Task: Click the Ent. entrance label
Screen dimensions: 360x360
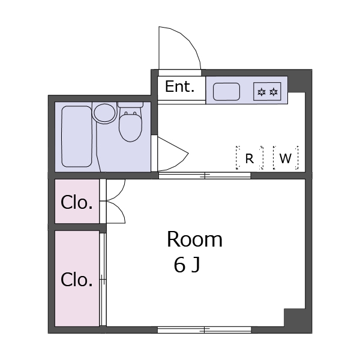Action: click(180, 87)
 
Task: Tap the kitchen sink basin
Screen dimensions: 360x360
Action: click(227, 92)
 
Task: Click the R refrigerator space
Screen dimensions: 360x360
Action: click(249, 158)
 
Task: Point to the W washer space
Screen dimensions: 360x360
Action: click(286, 158)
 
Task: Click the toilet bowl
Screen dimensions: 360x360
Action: click(130, 127)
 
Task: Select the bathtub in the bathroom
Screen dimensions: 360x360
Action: click(77, 137)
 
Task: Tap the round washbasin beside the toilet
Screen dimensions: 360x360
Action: click(104, 113)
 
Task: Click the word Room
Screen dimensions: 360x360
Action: click(194, 240)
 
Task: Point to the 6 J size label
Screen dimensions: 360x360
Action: click(187, 265)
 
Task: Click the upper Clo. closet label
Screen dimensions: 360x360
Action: click(77, 203)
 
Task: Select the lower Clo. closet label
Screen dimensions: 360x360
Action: click(77, 280)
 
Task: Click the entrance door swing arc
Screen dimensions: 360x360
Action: click(180, 48)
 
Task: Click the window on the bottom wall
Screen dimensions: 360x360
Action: click(204, 329)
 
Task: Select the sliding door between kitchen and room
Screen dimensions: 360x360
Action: click(204, 176)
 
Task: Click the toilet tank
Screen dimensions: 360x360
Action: click(130, 104)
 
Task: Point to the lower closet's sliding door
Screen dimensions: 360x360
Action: click(103, 280)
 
